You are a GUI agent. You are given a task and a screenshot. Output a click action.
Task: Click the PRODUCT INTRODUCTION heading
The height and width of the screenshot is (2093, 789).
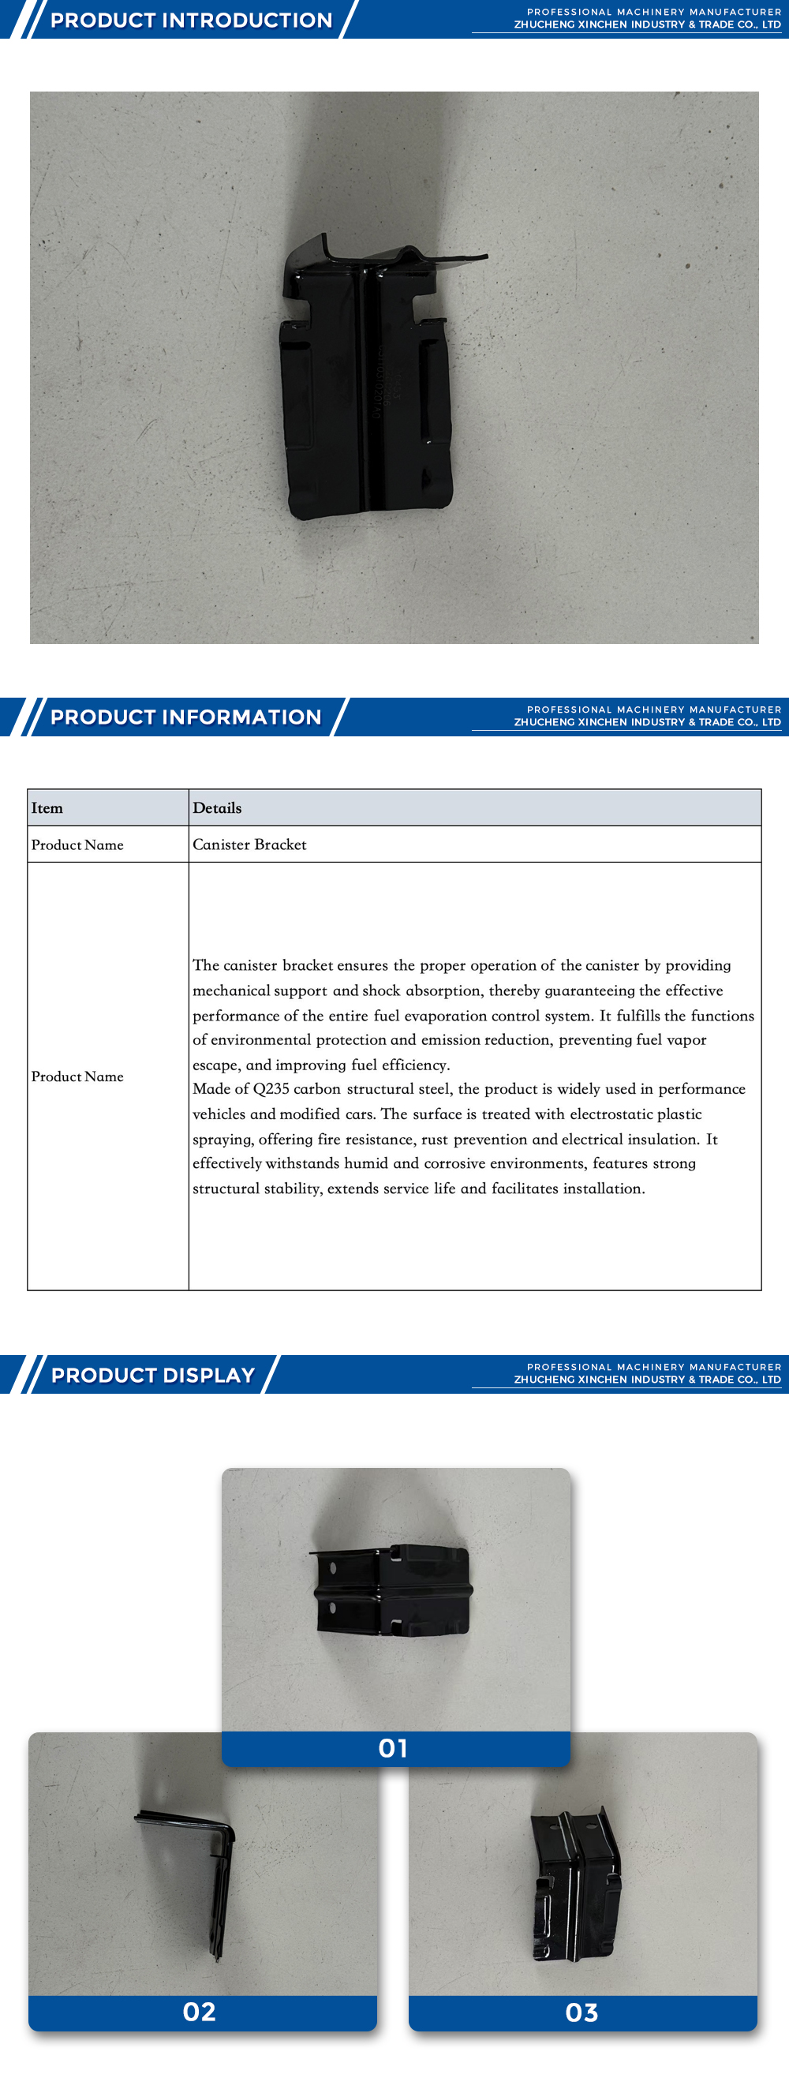pos(191,21)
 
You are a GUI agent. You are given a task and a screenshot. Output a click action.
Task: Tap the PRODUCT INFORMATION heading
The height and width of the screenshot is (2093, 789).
pos(185,717)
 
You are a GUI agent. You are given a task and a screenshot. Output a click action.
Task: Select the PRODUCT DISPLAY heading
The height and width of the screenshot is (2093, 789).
pos(153,1375)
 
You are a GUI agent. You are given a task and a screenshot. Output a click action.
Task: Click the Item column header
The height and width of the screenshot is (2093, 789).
pos(47,807)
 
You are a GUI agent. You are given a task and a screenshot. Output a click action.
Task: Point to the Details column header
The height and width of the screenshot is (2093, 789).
pos(217,807)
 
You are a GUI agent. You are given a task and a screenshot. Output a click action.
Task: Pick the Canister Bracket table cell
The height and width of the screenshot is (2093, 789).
pos(249,844)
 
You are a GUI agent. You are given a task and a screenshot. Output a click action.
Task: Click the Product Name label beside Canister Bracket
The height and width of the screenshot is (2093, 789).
pos(77,845)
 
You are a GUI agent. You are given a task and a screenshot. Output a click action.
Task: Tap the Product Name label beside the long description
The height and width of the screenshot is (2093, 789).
pos(77,1076)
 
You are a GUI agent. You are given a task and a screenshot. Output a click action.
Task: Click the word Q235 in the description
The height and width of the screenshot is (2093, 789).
pos(271,1089)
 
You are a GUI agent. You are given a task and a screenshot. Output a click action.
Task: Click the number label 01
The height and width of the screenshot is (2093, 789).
pos(394,1747)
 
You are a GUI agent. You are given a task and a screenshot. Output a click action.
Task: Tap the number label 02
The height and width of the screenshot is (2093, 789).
pos(199,2012)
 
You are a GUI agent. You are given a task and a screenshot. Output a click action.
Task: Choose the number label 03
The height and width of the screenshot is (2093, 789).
pos(581,2012)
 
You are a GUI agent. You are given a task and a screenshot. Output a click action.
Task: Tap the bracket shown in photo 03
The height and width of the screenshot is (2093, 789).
pos(575,1885)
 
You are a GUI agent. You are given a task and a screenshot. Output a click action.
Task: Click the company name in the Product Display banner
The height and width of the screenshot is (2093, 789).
pos(647,1380)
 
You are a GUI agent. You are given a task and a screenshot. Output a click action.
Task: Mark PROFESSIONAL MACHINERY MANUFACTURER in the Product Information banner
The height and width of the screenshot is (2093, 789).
pos(653,710)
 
